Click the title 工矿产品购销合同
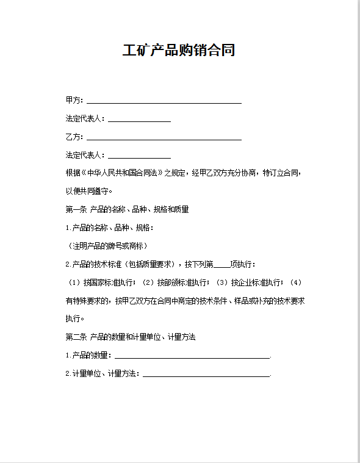coord(179,50)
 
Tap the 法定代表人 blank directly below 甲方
coord(139,120)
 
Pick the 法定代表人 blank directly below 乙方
coord(139,156)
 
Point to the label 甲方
coord(74,100)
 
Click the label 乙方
coord(74,137)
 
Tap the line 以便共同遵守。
coord(88,191)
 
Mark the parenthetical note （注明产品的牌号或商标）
coord(106,246)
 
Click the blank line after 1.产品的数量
coord(192,356)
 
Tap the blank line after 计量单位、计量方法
coord(206,375)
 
